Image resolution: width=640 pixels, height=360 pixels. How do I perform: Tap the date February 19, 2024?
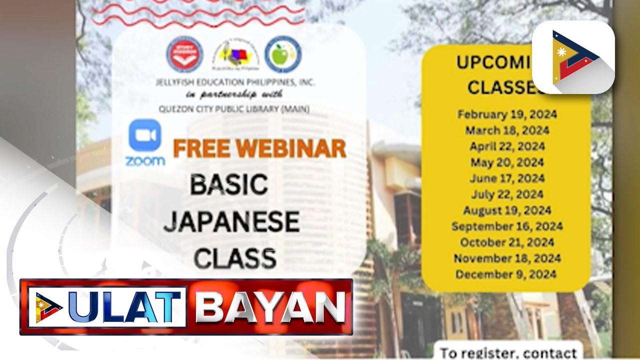click(507, 114)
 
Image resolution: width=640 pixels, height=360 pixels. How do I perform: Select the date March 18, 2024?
click(507, 130)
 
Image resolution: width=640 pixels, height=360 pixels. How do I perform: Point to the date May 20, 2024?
click(507, 162)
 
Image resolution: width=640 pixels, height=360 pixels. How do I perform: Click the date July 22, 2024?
click(507, 194)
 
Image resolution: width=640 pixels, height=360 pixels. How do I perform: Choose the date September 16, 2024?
click(507, 226)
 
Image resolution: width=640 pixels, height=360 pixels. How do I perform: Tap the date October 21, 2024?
click(507, 242)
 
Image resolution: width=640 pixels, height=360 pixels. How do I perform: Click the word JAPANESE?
click(231, 222)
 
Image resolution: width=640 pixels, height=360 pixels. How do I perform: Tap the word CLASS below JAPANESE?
click(235, 259)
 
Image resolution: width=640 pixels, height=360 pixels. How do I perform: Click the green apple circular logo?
click(283, 54)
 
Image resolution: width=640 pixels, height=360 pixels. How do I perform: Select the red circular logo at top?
click(184, 54)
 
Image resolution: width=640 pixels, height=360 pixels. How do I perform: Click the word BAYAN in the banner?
click(270, 306)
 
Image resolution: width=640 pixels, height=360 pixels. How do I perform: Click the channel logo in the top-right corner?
click(573, 57)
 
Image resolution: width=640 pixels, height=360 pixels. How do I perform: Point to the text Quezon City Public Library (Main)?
click(234, 108)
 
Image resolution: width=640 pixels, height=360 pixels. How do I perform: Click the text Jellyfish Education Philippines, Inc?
click(237, 82)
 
